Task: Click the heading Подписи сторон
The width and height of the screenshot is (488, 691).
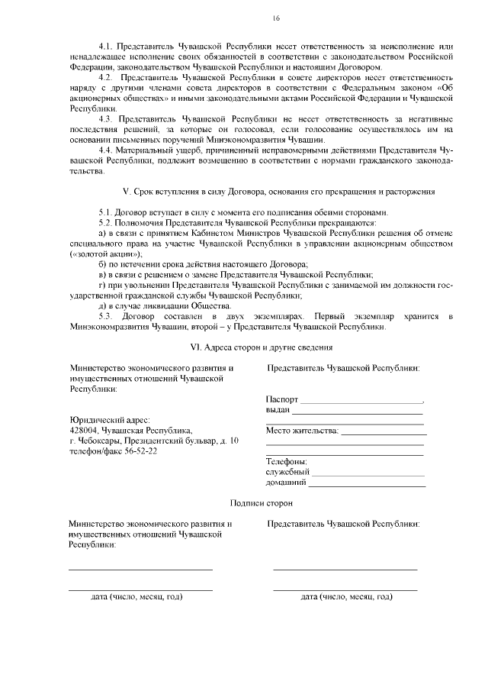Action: pyautogui.click(x=261, y=503)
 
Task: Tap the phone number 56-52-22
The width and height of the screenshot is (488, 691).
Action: pyautogui.click(x=140, y=451)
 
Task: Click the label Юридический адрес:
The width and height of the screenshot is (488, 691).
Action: pyautogui.click(x=110, y=419)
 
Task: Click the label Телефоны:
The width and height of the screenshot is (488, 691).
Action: pyautogui.click(x=286, y=462)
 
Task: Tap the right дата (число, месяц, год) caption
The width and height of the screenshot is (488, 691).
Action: pyautogui.click(x=346, y=596)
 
